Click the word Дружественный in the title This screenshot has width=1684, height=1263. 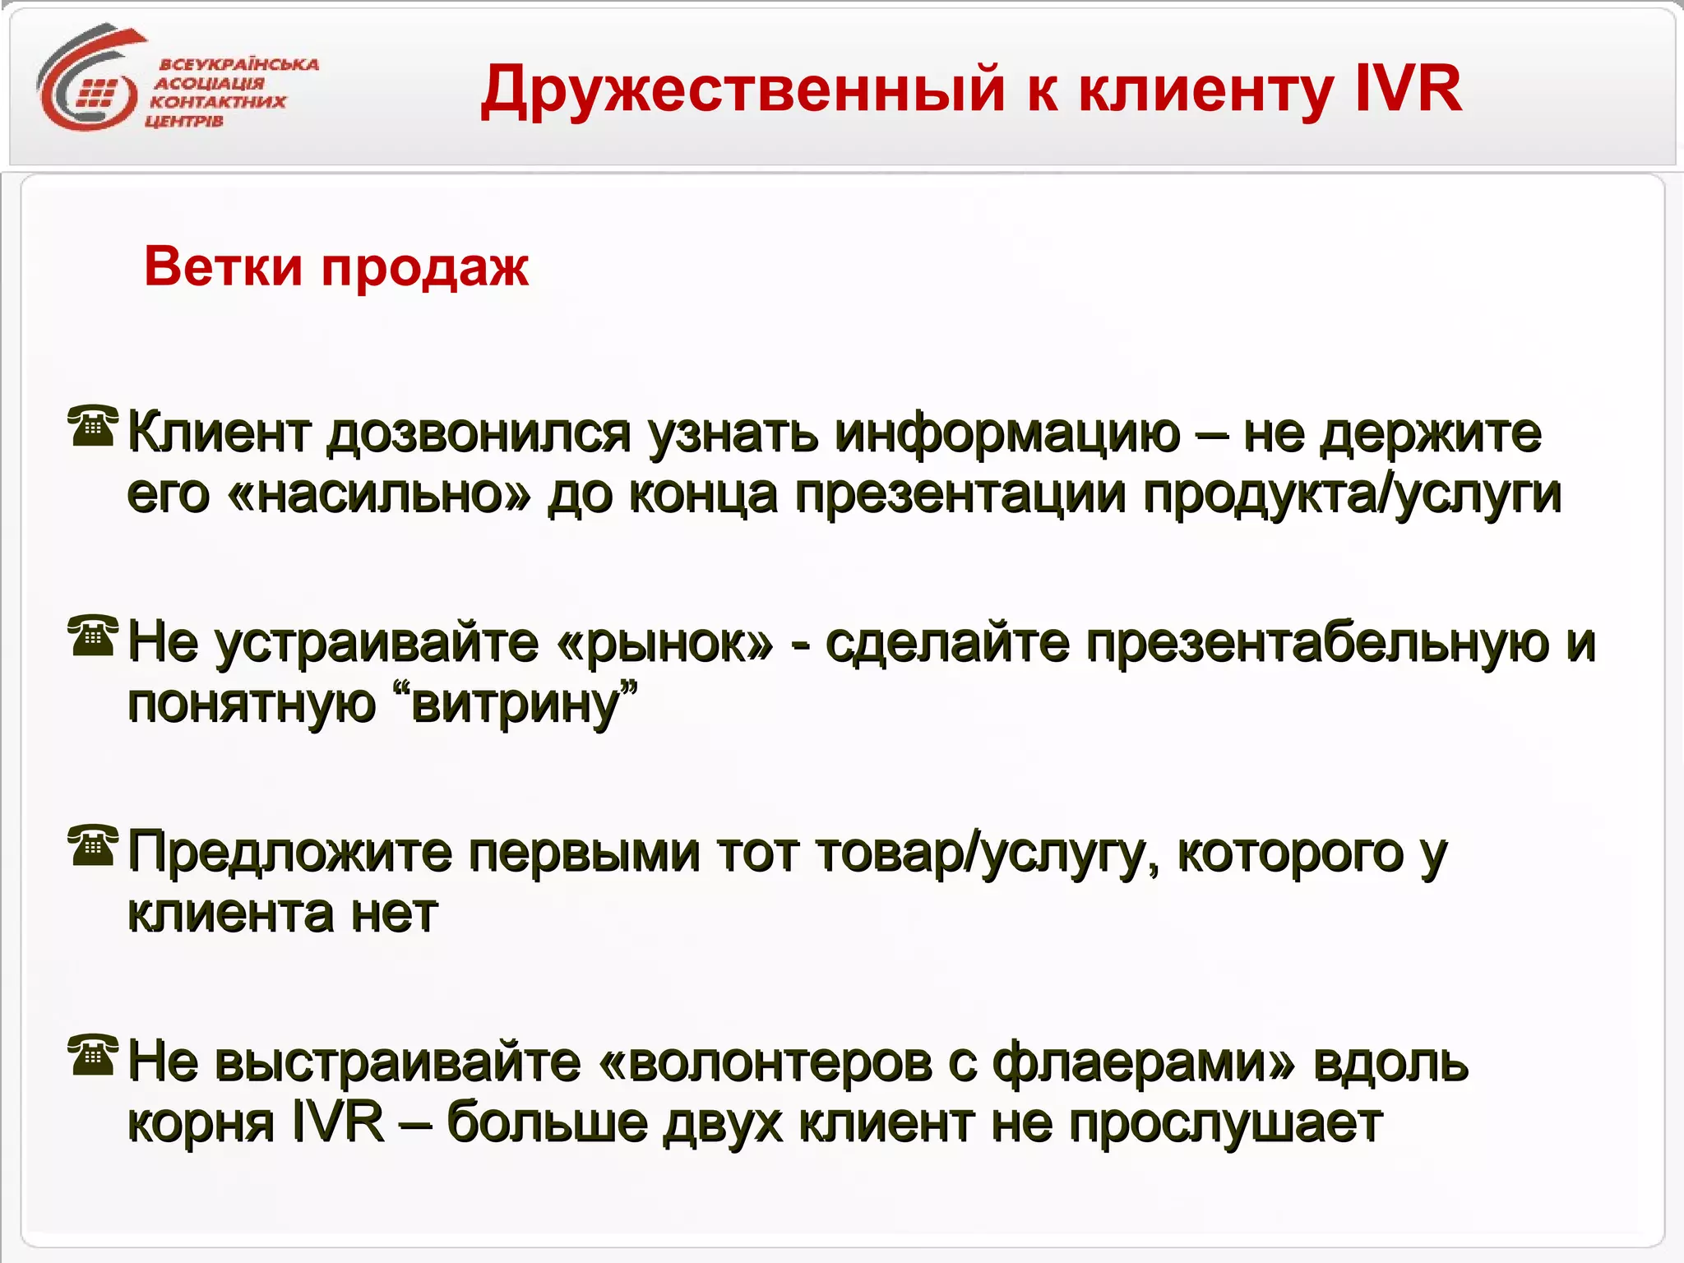click(743, 90)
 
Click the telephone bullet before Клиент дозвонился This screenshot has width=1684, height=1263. click(92, 425)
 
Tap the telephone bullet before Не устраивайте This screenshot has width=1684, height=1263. click(92, 636)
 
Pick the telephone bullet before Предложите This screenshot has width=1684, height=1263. click(92, 845)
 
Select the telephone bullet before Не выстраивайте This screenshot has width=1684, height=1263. click(92, 1055)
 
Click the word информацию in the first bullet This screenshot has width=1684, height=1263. click(1008, 433)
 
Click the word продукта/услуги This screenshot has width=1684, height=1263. click(1352, 495)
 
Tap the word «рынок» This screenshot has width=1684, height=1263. click(664, 643)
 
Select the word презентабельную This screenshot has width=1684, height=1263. click(1318, 643)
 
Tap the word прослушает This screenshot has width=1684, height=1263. click(1225, 1124)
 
